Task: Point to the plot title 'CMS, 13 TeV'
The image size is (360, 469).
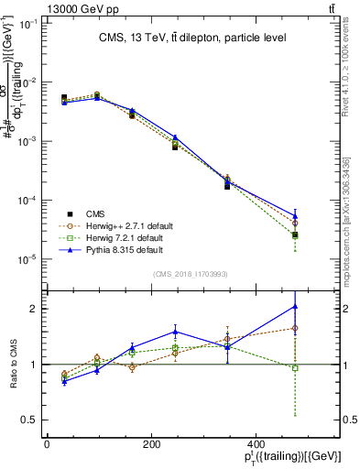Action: [192, 38]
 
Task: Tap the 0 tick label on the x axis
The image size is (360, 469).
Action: [47, 444]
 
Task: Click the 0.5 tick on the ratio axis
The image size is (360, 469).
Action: [28, 420]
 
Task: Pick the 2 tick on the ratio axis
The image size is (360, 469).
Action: [33, 309]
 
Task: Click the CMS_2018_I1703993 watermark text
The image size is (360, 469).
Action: [192, 273]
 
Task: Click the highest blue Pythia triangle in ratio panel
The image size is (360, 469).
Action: [294, 306]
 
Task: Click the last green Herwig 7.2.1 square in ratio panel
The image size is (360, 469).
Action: [294, 368]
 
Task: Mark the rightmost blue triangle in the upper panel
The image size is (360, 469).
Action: [294, 216]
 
